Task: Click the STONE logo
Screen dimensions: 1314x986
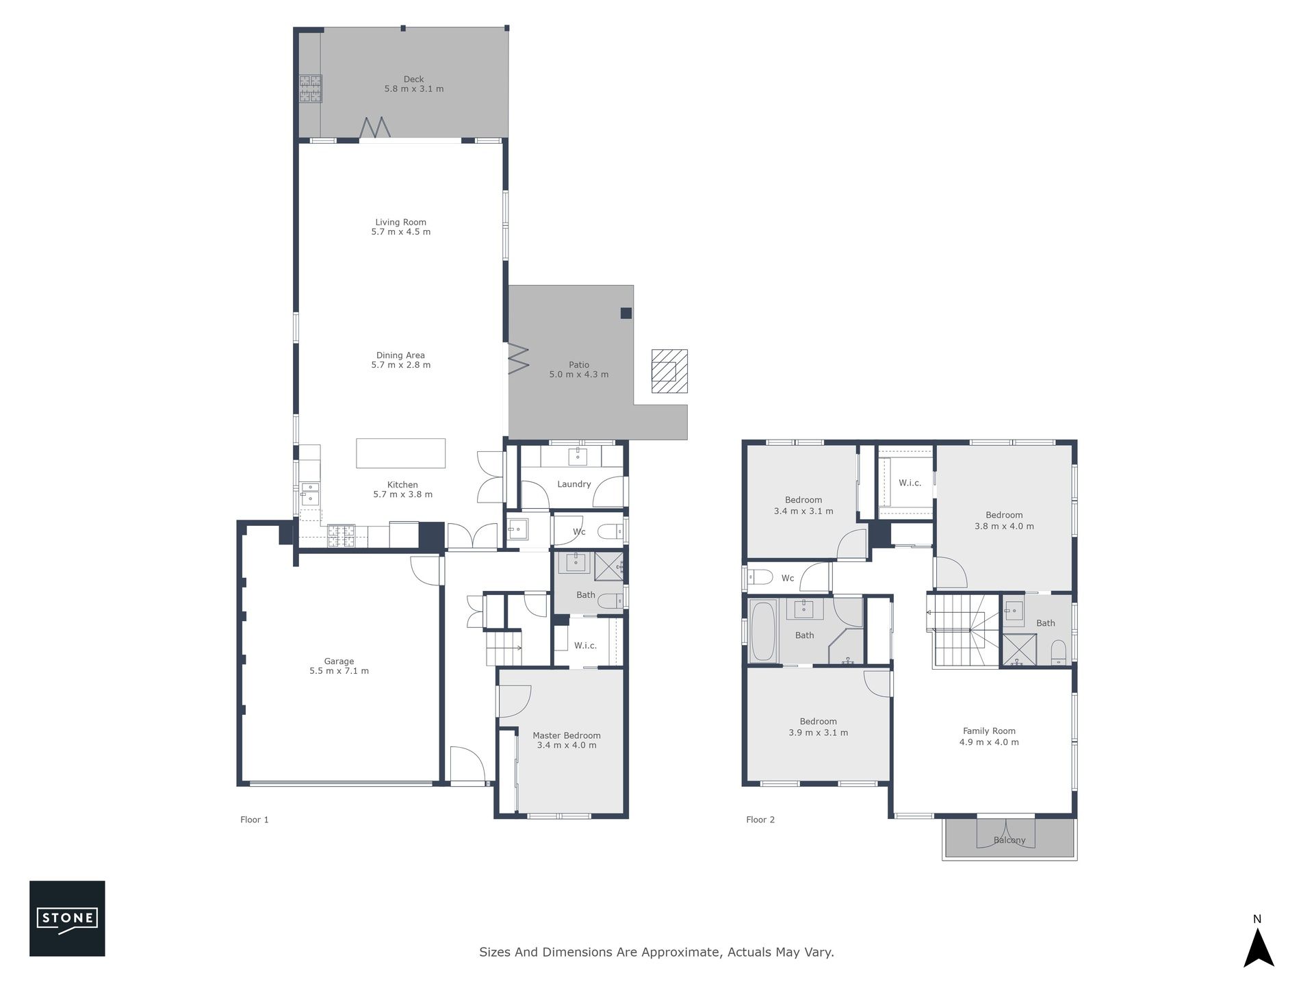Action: pyautogui.click(x=67, y=918)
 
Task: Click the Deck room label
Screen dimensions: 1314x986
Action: pyautogui.click(x=413, y=79)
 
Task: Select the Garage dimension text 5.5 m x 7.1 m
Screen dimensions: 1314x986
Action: pyautogui.click(x=339, y=671)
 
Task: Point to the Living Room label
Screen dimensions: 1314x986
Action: pyautogui.click(x=400, y=222)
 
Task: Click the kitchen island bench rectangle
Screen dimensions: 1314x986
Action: pyautogui.click(x=400, y=453)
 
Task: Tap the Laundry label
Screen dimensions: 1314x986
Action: pyautogui.click(x=574, y=484)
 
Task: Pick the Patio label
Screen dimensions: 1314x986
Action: pyautogui.click(x=579, y=365)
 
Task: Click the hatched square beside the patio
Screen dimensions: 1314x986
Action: pyautogui.click(x=669, y=371)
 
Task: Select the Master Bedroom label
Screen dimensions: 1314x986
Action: pyautogui.click(x=567, y=735)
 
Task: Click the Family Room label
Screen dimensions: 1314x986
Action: pyautogui.click(x=989, y=731)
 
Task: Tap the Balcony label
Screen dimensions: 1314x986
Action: pyautogui.click(x=1009, y=840)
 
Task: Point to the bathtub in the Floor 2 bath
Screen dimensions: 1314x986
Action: pyautogui.click(x=763, y=631)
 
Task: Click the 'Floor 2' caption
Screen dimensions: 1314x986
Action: pyautogui.click(x=760, y=820)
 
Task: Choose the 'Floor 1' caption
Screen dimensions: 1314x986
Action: pyautogui.click(x=255, y=820)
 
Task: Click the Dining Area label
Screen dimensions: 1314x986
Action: pyautogui.click(x=400, y=355)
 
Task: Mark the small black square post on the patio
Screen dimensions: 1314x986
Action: pyautogui.click(x=626, y=313)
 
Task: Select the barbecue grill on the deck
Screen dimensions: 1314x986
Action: pyautogui.click(x=310, y=89)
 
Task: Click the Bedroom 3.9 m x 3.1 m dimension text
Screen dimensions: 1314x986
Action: pyautogui.click(x=819, y=733)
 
